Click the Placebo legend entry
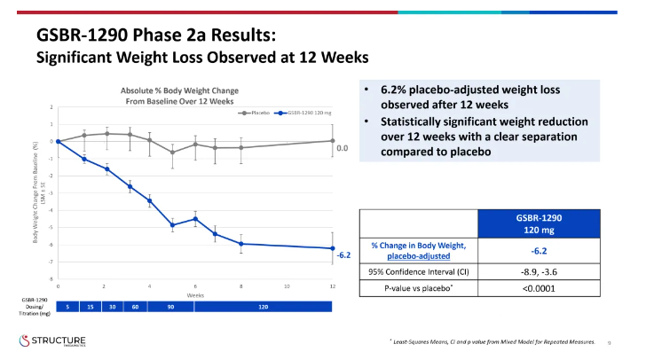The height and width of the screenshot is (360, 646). point(259,113)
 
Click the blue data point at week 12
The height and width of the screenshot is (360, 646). point(332,248)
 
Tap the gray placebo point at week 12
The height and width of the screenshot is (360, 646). point(332,140)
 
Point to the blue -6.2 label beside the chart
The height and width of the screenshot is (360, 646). point(344,254)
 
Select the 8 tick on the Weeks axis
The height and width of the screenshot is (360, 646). point(240,286)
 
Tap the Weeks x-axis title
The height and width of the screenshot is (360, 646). point(194,294)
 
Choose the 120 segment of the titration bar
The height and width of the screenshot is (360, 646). point(263,306)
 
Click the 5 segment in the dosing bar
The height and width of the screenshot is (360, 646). point(67,306)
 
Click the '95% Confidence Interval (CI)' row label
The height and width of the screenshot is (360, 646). point(421,271)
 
